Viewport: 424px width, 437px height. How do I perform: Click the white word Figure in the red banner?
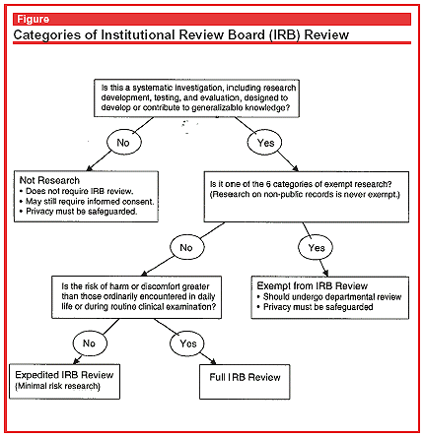34,19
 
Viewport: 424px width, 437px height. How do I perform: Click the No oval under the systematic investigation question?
123,142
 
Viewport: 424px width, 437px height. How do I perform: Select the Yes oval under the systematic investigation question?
265,142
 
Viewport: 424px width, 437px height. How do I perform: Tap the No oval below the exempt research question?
186,247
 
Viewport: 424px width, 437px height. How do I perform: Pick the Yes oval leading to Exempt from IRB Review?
316,247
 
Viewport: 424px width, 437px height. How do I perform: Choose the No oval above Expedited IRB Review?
90,343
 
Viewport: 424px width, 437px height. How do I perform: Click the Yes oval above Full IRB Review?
187,343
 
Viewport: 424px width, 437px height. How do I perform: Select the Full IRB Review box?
245,382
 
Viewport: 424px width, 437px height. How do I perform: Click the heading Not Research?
49,180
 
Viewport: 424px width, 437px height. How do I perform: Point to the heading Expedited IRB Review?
64,375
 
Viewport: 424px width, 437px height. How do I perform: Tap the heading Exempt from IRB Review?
313,285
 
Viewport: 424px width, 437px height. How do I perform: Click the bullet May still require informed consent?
87,201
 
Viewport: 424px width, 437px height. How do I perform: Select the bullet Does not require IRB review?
77,191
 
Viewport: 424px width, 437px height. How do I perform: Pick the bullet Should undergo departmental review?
329,296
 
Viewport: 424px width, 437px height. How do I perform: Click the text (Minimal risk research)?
57,386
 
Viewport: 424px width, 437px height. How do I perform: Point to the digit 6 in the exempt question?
268,184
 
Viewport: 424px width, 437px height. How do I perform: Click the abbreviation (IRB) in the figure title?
285,34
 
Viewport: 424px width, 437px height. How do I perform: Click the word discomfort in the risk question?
160,286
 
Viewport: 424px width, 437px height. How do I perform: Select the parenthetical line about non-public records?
305,194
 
